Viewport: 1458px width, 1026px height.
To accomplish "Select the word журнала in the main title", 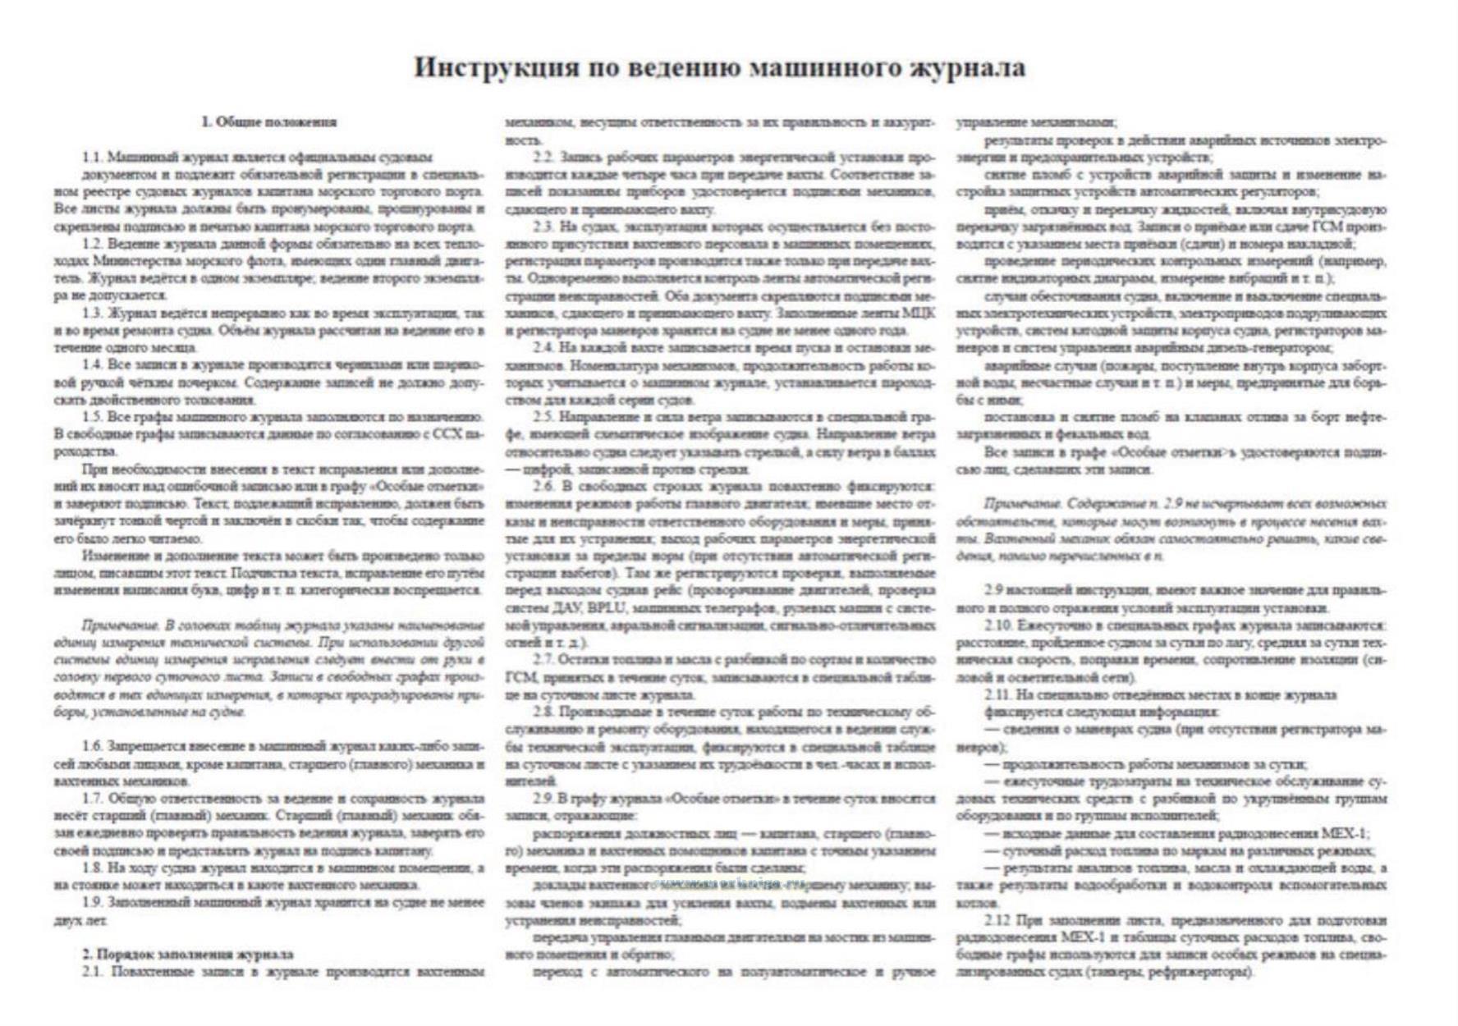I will (x=968, y=66).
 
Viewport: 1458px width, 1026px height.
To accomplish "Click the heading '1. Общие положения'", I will (x=268, y=122).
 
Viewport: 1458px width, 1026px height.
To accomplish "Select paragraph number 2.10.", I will (x=998, y=625).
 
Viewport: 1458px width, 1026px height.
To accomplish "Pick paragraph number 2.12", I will (x=997, y=919).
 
